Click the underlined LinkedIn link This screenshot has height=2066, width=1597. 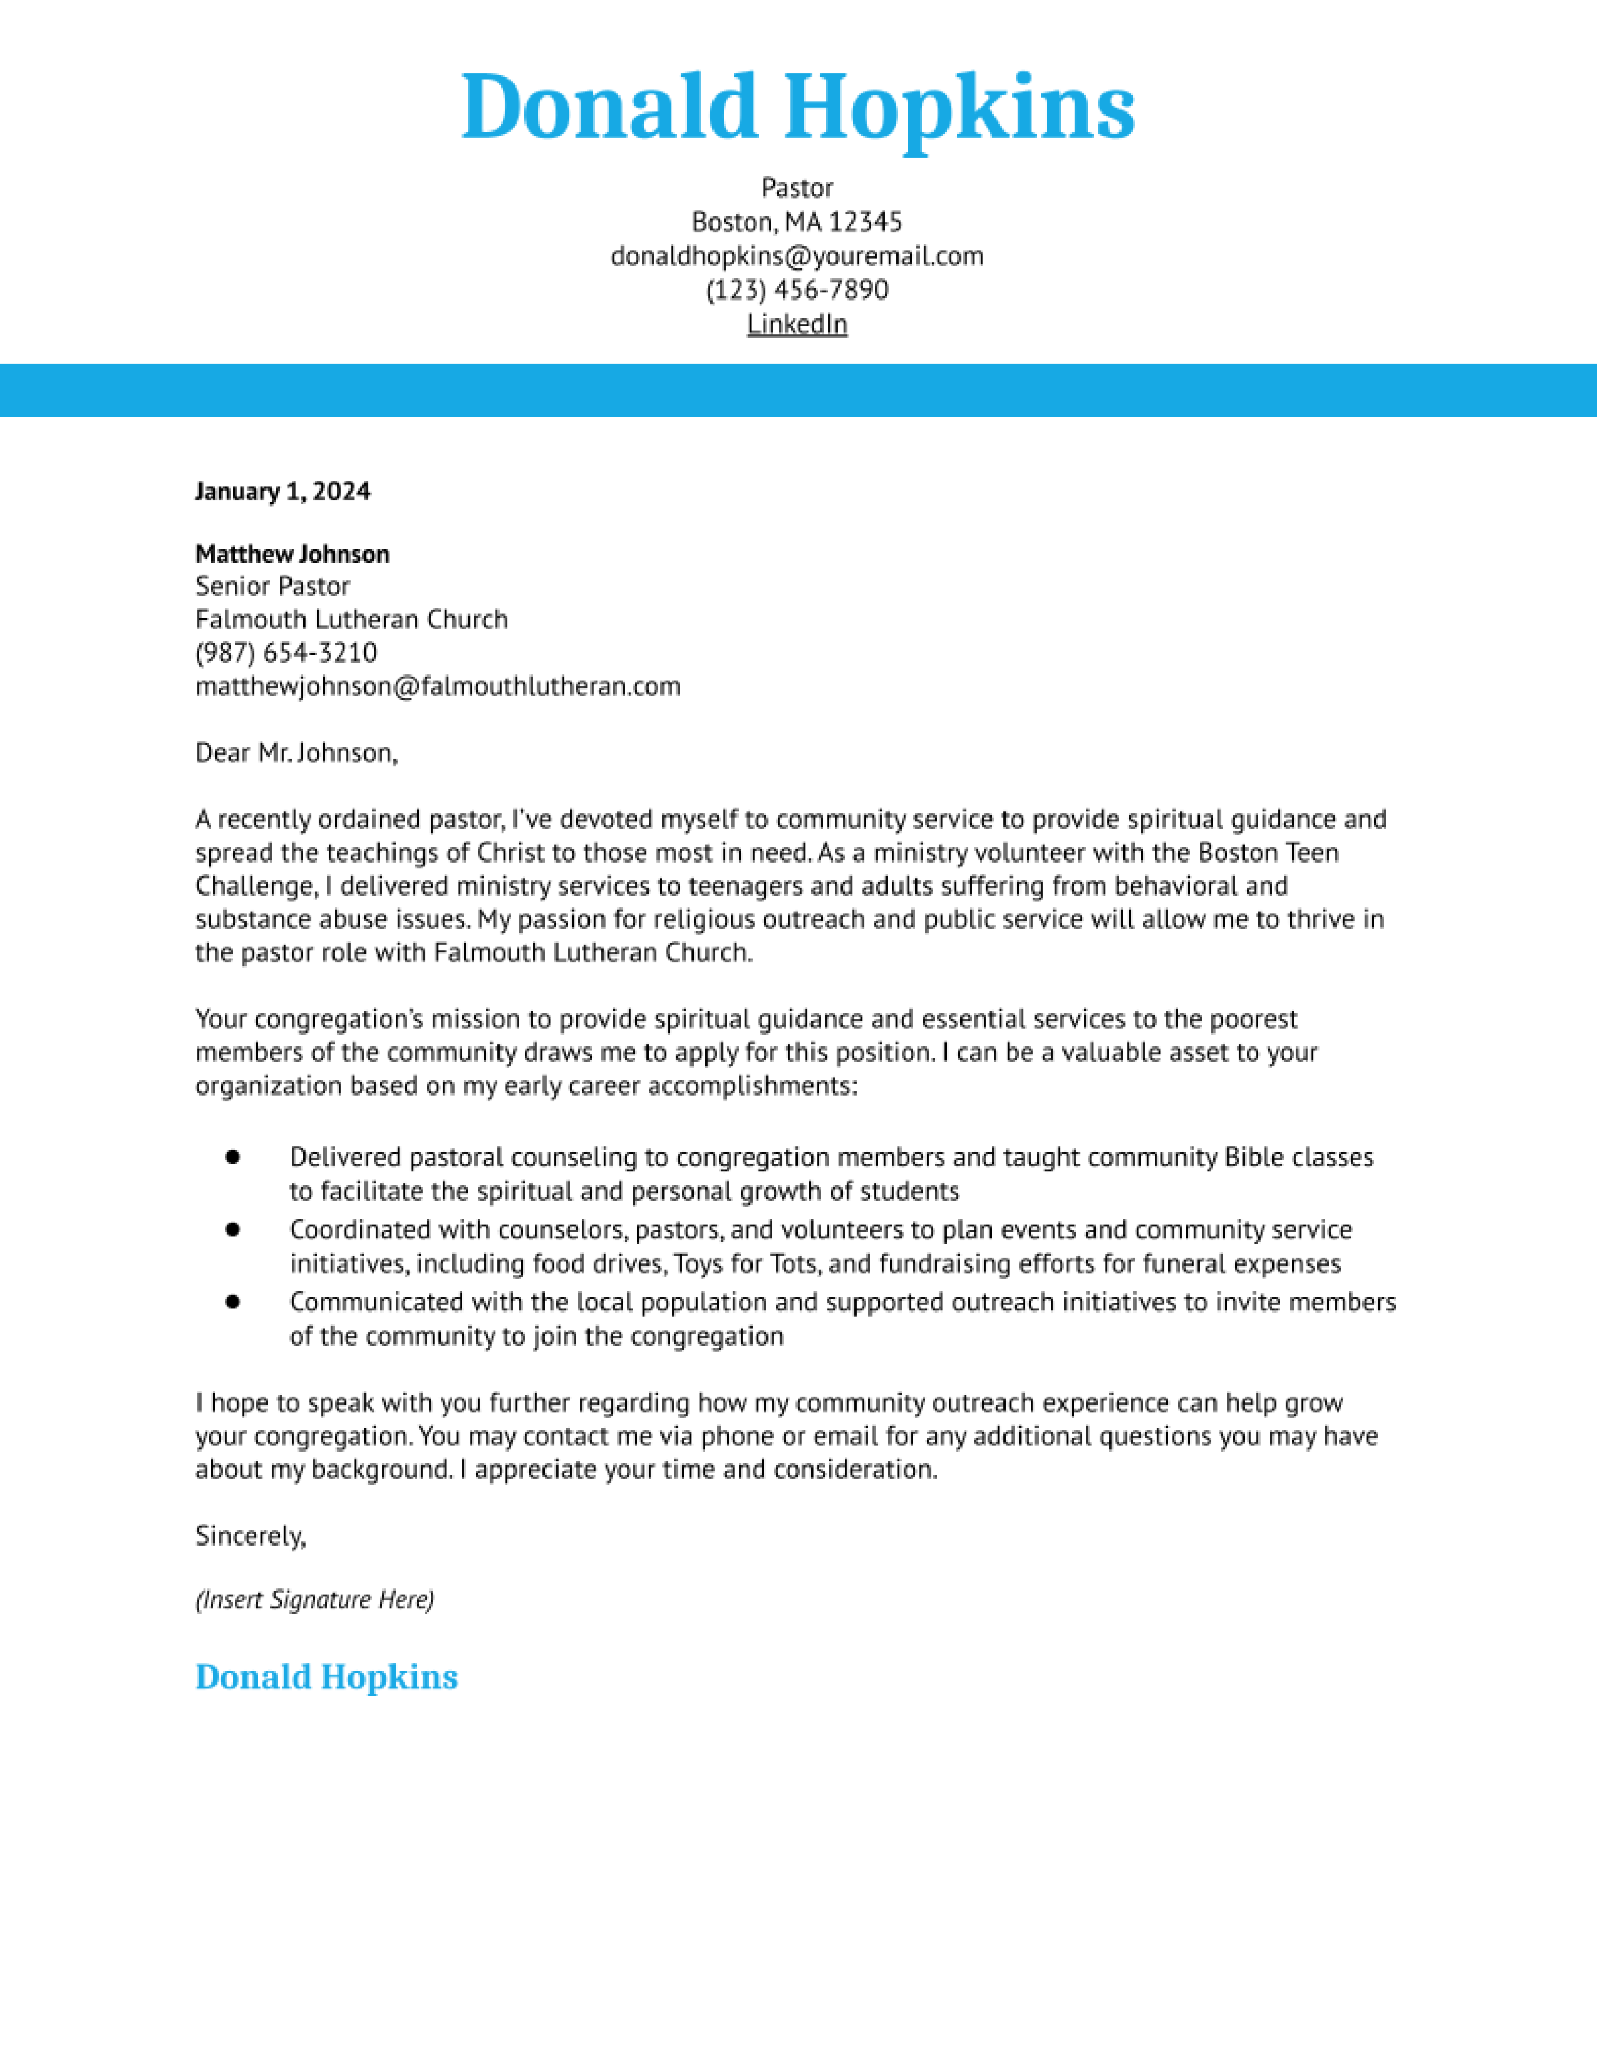[x=797, y=324]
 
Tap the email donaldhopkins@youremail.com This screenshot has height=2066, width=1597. [x=797, y=256]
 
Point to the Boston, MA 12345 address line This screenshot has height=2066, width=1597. [x=797, y=222]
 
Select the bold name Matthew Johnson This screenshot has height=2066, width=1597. [x=292, y=553]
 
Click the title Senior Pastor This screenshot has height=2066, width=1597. [x=272, y=587]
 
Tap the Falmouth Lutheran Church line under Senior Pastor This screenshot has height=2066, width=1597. [x=351, y=620]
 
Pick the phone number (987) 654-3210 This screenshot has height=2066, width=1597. [x=286, y=653]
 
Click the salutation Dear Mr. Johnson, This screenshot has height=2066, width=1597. [x=296, y=753]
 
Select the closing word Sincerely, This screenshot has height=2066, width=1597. [x=251, y=1536]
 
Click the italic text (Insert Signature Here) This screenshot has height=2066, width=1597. [x=314, y=1600]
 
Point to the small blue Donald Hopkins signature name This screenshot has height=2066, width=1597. [x=326, y=1677]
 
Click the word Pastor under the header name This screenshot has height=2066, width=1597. [x=797, y=188]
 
